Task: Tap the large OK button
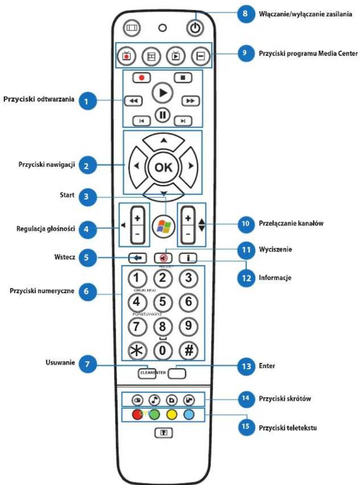pyautogui.click(x=163, y=167)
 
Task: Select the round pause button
pyautogui.click(x=163, y=115)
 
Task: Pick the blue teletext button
pyautogui.click(x=189, y=415)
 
